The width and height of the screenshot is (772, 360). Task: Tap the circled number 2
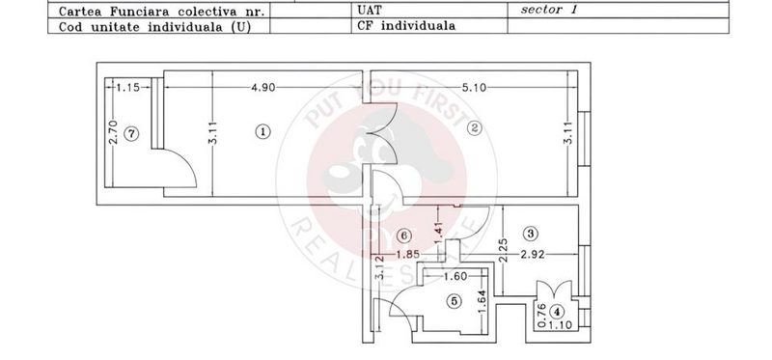(475, 133)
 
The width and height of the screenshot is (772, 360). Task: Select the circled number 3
(531, 233)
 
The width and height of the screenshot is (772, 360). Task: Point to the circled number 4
(557, 308)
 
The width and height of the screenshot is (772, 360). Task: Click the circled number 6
(406, 235)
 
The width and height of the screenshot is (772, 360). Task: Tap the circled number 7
(132, 135)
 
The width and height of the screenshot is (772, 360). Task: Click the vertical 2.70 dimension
(113, 136)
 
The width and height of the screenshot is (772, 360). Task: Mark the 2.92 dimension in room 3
(534, 255)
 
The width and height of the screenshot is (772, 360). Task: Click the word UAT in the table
(368, 11)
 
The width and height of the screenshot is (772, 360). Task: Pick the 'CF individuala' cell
(405, 26)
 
